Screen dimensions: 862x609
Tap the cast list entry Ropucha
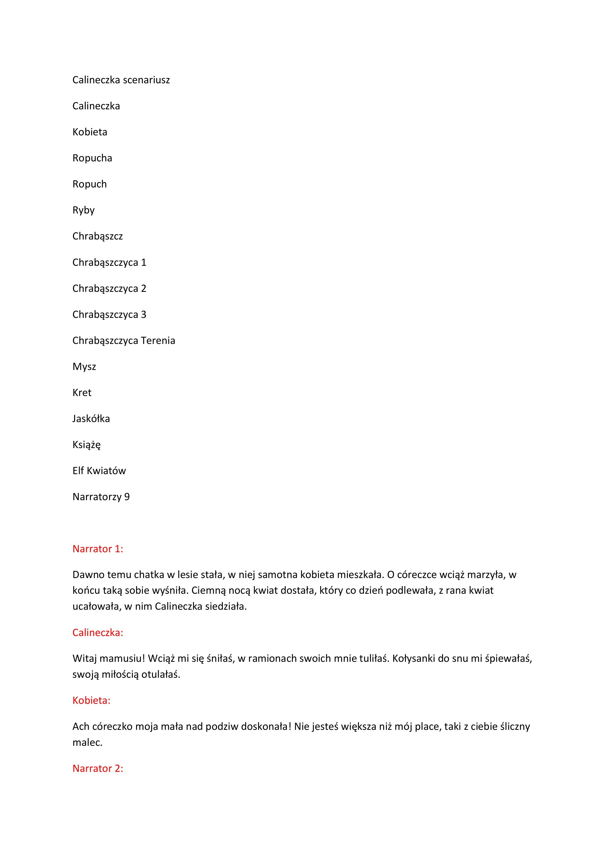[x=92, y=158]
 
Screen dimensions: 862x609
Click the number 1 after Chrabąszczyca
[x=143, y=262]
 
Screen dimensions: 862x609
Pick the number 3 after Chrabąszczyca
[x=143, y=315]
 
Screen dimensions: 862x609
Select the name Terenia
[x=158, y=340]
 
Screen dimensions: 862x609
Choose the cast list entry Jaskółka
[x=91, y=419]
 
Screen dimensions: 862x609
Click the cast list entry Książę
[x=87, y=445]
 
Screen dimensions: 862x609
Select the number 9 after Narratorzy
[x=127, y=497]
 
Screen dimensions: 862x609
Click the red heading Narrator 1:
[x=98, y=549]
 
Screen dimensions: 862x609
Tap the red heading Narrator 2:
[x=98, y=768]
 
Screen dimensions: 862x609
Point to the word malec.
[x=87, y=743]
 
